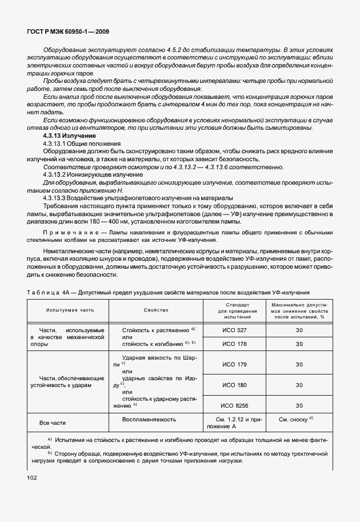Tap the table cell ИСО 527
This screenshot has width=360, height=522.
(x=234, y=330)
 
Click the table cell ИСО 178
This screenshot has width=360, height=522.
(x=234, y=343)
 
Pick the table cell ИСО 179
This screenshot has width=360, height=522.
(x=234, y=364)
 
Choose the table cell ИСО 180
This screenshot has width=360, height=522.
(x=234, y=385)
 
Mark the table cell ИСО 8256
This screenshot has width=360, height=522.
(x=234, y=405)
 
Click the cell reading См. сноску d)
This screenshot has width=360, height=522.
(x=295, y=420)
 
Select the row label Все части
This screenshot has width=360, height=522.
(x=52, y=423)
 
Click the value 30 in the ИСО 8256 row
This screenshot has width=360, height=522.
(x=298, y=405)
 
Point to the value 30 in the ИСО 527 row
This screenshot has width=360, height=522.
(x=298, y=330)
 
